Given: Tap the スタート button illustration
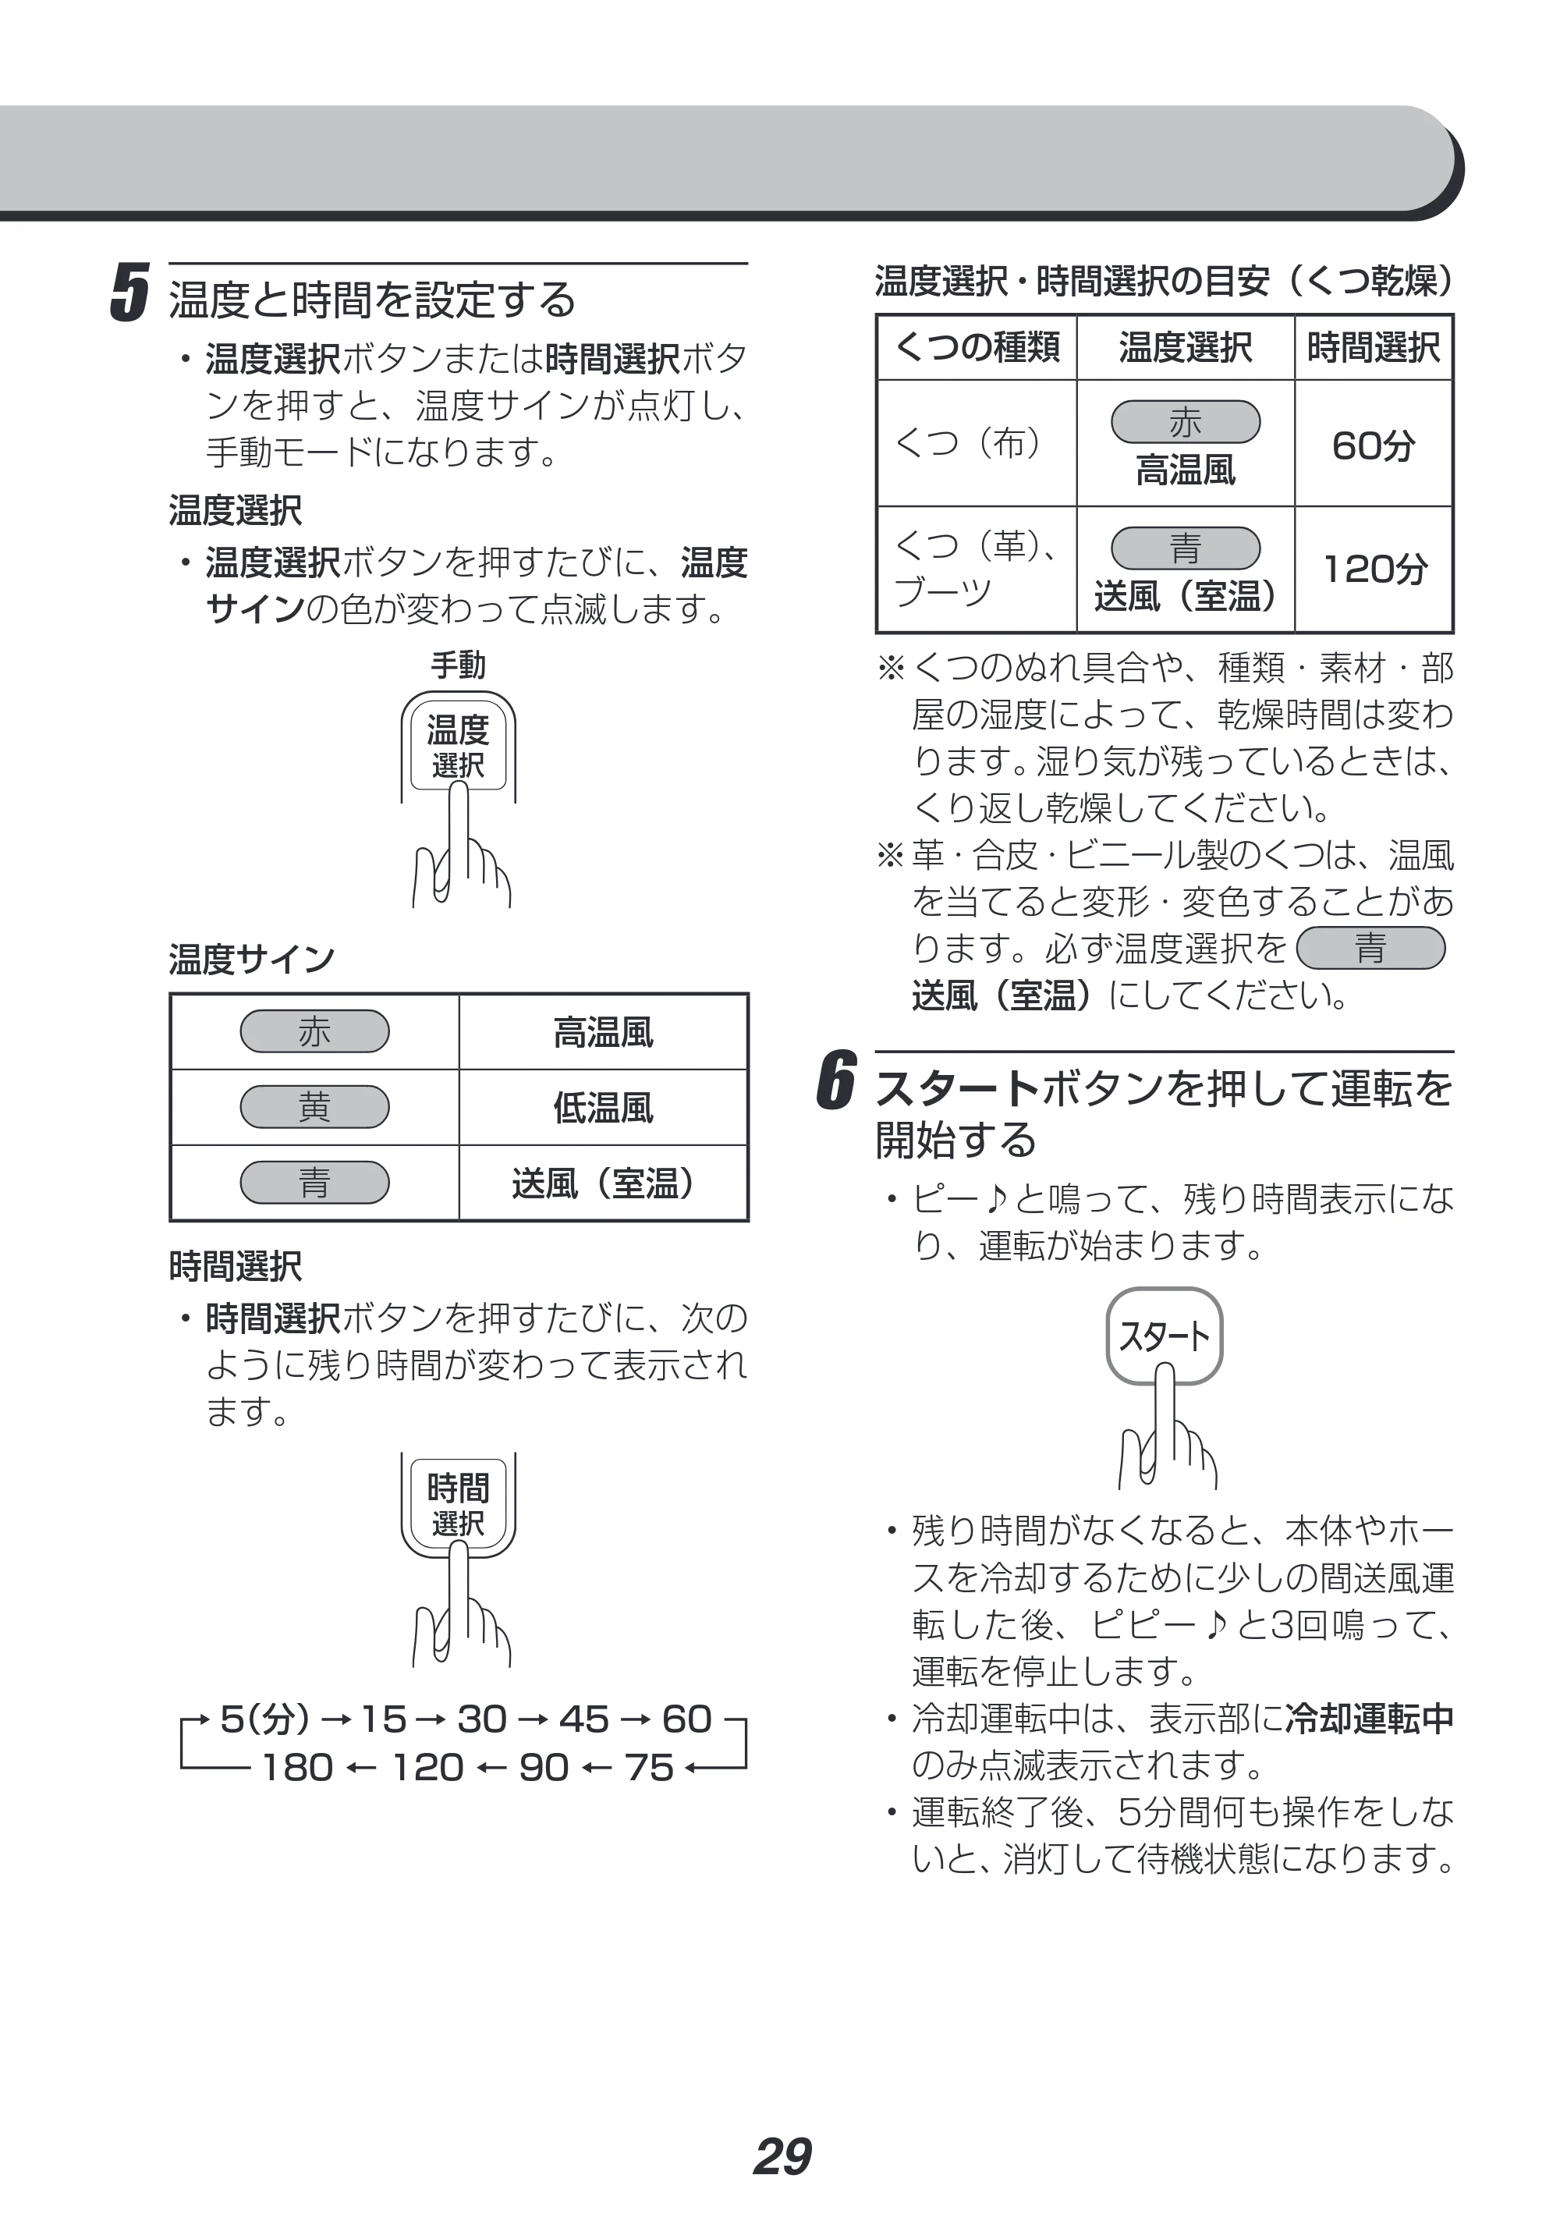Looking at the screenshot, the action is click(1164, 1336).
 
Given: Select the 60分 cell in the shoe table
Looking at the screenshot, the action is click(1373, 445).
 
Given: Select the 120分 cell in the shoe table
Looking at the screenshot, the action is click(1374, 569).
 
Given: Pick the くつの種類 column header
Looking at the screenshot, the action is click(977, 346).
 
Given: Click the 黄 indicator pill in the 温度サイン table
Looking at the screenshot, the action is click(314, 1107).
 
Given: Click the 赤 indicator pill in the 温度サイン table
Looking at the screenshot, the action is click(314, 1032).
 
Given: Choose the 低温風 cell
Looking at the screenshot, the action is click(604, 1108).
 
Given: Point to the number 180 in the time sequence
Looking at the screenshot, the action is click(297, 1769).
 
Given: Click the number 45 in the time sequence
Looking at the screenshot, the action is click(584, 1719).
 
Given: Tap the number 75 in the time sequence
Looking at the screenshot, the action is click(649, 1769).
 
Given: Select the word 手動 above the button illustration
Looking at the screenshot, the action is click(458, 665).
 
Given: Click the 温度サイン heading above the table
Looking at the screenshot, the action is click(252, 960).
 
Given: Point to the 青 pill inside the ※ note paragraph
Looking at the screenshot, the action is click(1371, 948).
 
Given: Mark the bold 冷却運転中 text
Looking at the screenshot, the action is click(1369, 1719).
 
